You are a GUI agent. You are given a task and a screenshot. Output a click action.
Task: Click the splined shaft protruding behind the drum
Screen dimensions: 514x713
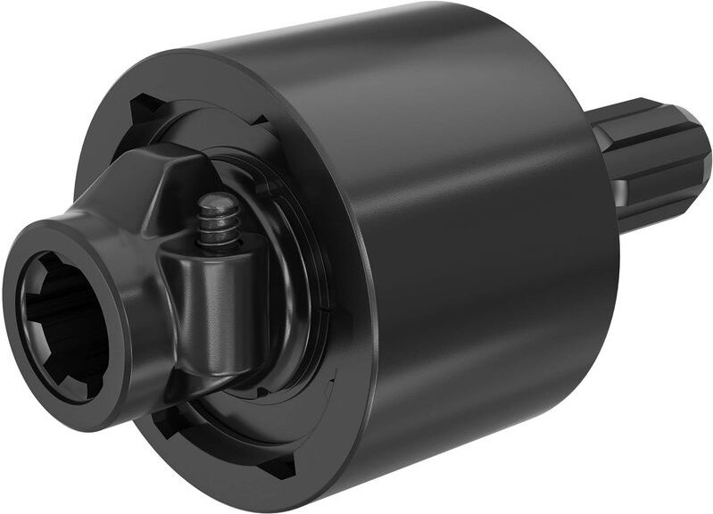[651, 165]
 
